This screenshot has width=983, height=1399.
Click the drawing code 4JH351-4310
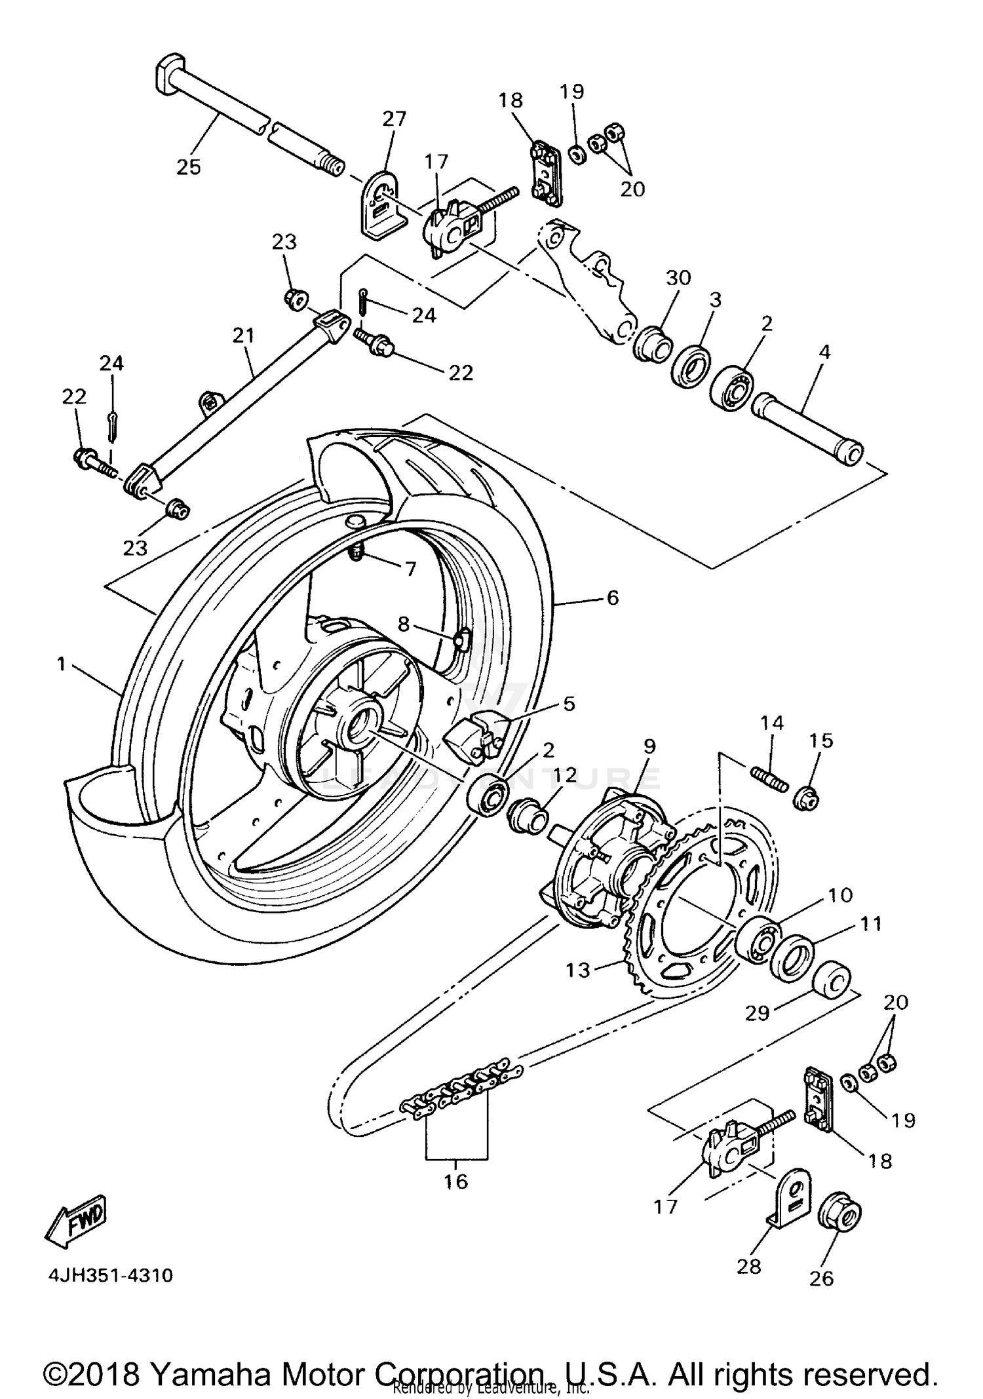pos(110,1275)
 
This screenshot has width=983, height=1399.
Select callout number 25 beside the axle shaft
pos(189,167)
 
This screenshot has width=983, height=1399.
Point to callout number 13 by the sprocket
pos(578,970)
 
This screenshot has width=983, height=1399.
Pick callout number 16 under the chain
pos(455,1181)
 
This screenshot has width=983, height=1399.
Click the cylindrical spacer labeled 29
pos(832,981)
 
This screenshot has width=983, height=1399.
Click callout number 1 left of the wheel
pos(62,664)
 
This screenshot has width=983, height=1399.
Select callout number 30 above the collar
pos(678,278)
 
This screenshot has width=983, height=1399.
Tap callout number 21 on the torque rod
pos(243,335)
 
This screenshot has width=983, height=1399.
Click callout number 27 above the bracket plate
pos(395,119)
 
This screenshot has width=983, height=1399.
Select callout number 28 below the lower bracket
pos(748,1266)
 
